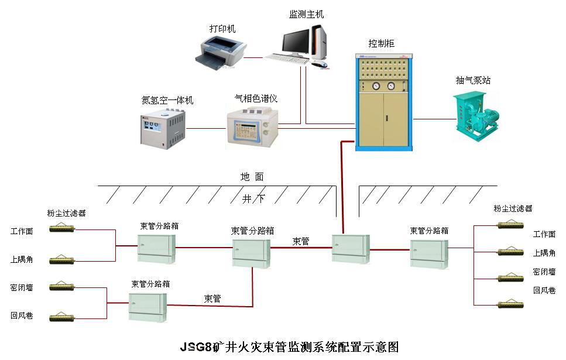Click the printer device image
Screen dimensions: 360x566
pyautogui.click(x=219, y=51)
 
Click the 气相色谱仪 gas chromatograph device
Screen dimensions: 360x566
pyautogui.click(x=252, y=125)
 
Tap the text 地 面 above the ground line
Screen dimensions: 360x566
pyautogui.click(x=252, y=176)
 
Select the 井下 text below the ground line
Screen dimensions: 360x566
pyautogui.click(x=253, y=198)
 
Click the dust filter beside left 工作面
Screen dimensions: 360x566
pyautogui.click(x=62, y=228)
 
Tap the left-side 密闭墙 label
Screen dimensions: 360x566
pyautogui.click(x=22, y=287)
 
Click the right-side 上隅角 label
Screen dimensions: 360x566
pyautogui.click(x=544, y=253)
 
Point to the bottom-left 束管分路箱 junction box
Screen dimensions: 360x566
pyautogui.click(x=148, y=306)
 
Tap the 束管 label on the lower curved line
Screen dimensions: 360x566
pyautogui.click(x=212, y=299)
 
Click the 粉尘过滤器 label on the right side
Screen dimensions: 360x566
pyautogui.click(x=513, y=208)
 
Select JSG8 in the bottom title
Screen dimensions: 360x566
pyautogui.click(x=195, y=347)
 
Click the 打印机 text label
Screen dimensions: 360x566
pyautogui.click(x=222, y=28)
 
